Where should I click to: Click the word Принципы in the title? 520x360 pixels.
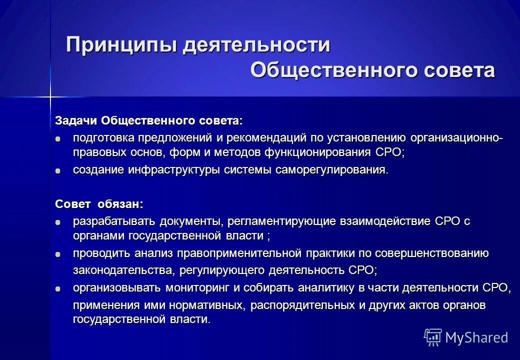121,46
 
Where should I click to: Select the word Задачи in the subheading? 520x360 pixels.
76,121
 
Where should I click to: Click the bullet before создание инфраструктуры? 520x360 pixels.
58,170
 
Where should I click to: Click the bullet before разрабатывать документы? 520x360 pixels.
58,221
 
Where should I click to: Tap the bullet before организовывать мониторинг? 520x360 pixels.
58,288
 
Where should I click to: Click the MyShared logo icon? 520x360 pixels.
432,337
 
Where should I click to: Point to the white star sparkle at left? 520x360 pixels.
50,96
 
